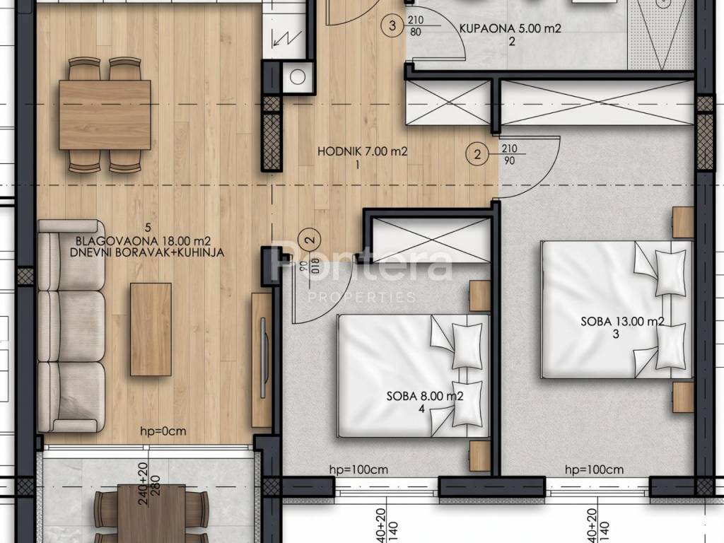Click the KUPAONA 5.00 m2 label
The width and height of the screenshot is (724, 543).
[510, 28]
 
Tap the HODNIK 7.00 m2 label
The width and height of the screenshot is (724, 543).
[363, 151]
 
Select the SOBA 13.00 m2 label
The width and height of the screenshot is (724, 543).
[622, 322]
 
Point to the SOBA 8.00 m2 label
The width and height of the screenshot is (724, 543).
[425, 396]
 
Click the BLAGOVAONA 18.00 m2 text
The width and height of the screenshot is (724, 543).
[143, 240]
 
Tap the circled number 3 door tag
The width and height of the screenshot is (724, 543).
[392, 25]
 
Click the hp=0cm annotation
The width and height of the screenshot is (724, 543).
[163, 431]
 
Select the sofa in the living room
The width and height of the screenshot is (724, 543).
[71, 326]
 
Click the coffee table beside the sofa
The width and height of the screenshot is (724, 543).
[151, 329]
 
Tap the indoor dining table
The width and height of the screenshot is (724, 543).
[105, 115]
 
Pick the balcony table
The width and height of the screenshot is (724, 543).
[151, 513]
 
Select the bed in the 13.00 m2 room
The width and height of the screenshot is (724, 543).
[617, 310]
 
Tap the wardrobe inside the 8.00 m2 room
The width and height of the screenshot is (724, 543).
[431, 240]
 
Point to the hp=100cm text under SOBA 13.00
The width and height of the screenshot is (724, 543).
[594, 470]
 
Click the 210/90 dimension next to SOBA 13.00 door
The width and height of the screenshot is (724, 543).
[509, 154]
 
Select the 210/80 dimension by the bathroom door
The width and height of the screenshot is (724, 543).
[415, 26]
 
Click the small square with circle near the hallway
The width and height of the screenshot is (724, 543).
[298, 77]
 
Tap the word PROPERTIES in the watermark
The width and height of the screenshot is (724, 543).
[362, 297]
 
